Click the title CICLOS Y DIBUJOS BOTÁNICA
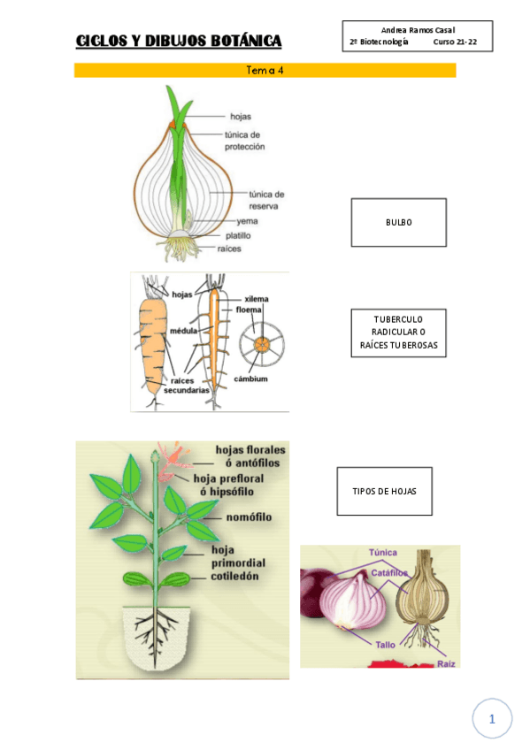point(179,41)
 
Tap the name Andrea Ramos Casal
point(418,30)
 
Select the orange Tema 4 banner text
point(265,70)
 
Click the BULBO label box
point(398,223)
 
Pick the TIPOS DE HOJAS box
point(384,491)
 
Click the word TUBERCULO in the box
point(398,318)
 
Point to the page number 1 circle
point(492,720)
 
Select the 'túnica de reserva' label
point(265,199)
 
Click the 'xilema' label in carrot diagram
point(257,299)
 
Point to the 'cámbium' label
point(250,379)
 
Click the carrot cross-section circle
point(261,344)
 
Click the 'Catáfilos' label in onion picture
point(389,573)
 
